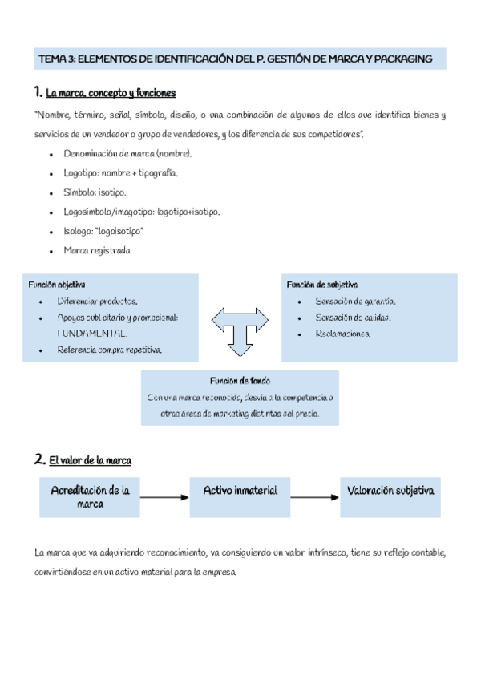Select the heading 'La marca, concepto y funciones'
(111, 92)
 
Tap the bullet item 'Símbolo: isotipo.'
(95, 192)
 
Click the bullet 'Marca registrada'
(96, 250)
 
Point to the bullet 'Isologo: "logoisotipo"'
(103, 231)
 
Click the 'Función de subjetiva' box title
(322, 285)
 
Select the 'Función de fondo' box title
(240, 380)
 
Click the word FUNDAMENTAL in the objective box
(92, 333)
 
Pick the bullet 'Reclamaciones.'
(342, 334)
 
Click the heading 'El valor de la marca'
(90, 461)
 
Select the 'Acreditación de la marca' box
(91, 497)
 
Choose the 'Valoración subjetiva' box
(390, 490)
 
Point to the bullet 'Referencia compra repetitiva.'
(109, 350)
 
